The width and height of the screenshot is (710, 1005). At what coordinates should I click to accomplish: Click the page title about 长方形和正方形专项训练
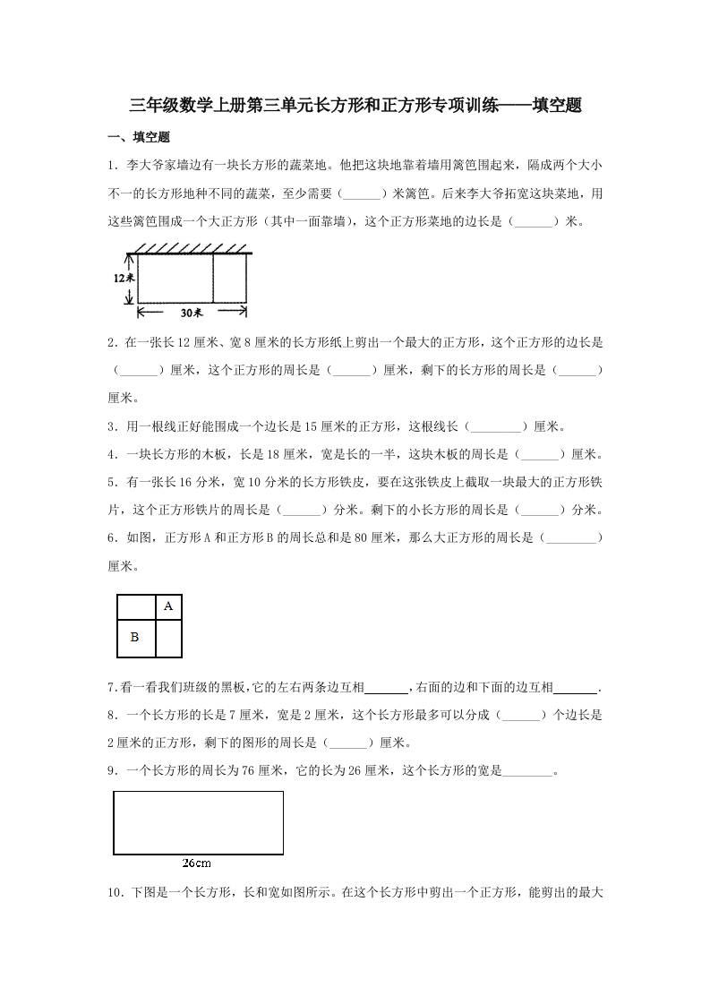[355, 106]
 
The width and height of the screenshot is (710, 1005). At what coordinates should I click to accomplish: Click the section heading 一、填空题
[138, 137]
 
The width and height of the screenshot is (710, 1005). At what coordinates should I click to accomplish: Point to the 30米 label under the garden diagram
[191, 313]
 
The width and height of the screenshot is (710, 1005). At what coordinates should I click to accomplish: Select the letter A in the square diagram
[167, 606]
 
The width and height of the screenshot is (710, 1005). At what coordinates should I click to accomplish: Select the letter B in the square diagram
[134, 638]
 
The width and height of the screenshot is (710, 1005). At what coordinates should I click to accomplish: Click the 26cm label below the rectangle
[196, 863]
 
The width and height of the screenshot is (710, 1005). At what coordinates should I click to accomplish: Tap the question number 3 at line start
[111, 426]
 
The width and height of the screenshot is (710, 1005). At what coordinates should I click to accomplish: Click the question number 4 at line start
[111, 454]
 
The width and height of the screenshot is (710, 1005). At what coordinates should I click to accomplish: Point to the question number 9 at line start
[111, 769]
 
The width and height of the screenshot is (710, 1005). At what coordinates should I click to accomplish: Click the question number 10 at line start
[115, 892]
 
